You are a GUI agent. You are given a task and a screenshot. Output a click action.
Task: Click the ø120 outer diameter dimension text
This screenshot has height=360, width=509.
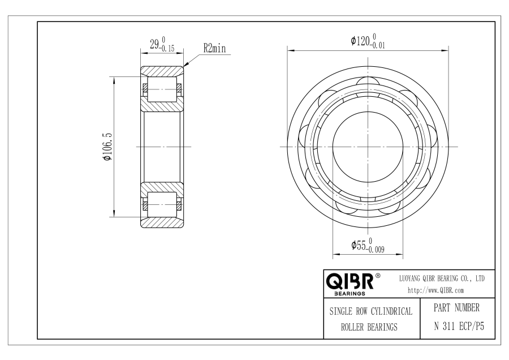click(x=368, y=41)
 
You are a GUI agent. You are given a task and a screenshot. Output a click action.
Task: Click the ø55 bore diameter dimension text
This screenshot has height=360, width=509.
click(x=368, y=245)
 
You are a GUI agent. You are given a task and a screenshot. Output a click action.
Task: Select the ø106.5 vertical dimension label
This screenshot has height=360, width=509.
click(x=107, y=147)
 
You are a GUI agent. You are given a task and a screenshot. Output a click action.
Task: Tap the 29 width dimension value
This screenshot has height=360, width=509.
click(x=154, y=44)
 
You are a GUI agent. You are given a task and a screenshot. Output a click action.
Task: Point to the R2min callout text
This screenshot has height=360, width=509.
click(x=214, y=49)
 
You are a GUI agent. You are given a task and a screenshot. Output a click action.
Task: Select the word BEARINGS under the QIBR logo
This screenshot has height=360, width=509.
click(x=350, y=294)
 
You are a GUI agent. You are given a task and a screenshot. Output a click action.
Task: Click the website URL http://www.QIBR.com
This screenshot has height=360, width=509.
click(x=435, y=290)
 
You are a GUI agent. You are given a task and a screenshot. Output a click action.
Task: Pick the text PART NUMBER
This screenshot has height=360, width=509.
click(x=456, y=308)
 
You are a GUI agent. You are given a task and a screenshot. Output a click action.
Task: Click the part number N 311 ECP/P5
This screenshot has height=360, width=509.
click(x=459, y=326)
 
